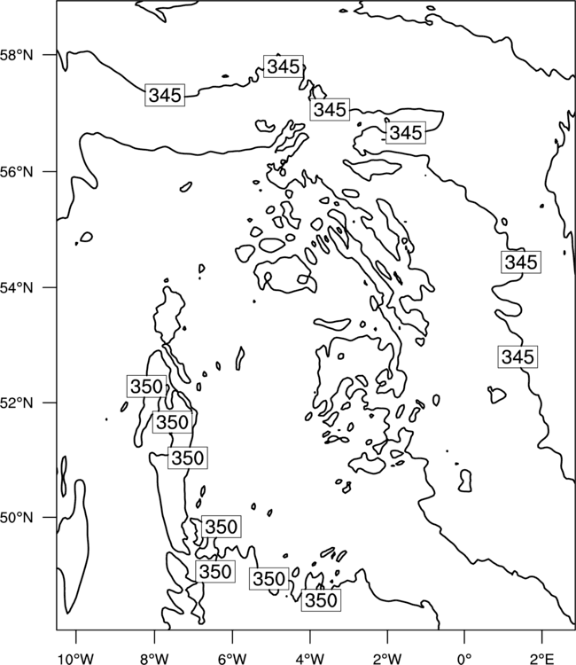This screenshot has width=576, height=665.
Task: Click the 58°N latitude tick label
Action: pyautogui.click(x=16, y=55)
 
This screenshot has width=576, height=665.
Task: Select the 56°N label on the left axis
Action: pyautogui.click(x=16, y=172)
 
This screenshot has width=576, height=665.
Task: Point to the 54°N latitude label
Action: pyautogui.click(x=16, y=288)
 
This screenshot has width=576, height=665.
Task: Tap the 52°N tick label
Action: pyautogui.click(x=16, y=403)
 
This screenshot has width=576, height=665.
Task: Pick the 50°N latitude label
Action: pyautogui.click(x=16, y=518)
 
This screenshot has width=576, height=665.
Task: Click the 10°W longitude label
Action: pyautogui.click(x=76, y=659)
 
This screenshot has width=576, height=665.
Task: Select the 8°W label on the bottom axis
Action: pyautogui.click(x=154, y=659)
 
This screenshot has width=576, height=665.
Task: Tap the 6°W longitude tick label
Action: pyautogui.click(x=232, y=659)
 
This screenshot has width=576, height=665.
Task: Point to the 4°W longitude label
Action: pyautogui.click(x=309, y=659)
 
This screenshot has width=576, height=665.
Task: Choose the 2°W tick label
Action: pyautogui.click(x=387, y=659)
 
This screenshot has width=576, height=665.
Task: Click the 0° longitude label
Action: pyautogui.click(x=464, y=659)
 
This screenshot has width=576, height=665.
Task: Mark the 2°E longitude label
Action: pyautogui.click(x=542, y=659)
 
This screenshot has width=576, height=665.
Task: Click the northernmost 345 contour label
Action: pyautogui.click(x=284, y=66)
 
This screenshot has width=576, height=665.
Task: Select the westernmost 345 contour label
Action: pyautogui.click(x=165, y=95)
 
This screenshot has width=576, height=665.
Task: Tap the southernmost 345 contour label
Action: pyautogui.click(x=518, y=356)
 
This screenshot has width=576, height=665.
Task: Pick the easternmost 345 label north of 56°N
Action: pyautogui.click(x=406, y=133)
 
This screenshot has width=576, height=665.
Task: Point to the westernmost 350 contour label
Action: pyautogui.click(x=146, y=387)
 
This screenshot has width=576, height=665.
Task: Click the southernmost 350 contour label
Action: pyautogui.click(x=321, y=600)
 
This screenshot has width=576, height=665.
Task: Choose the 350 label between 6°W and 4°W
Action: pyautogui.click(x=269, y=579)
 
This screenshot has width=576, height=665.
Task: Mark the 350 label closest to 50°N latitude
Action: pyautogui.click(x=221, y=527)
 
